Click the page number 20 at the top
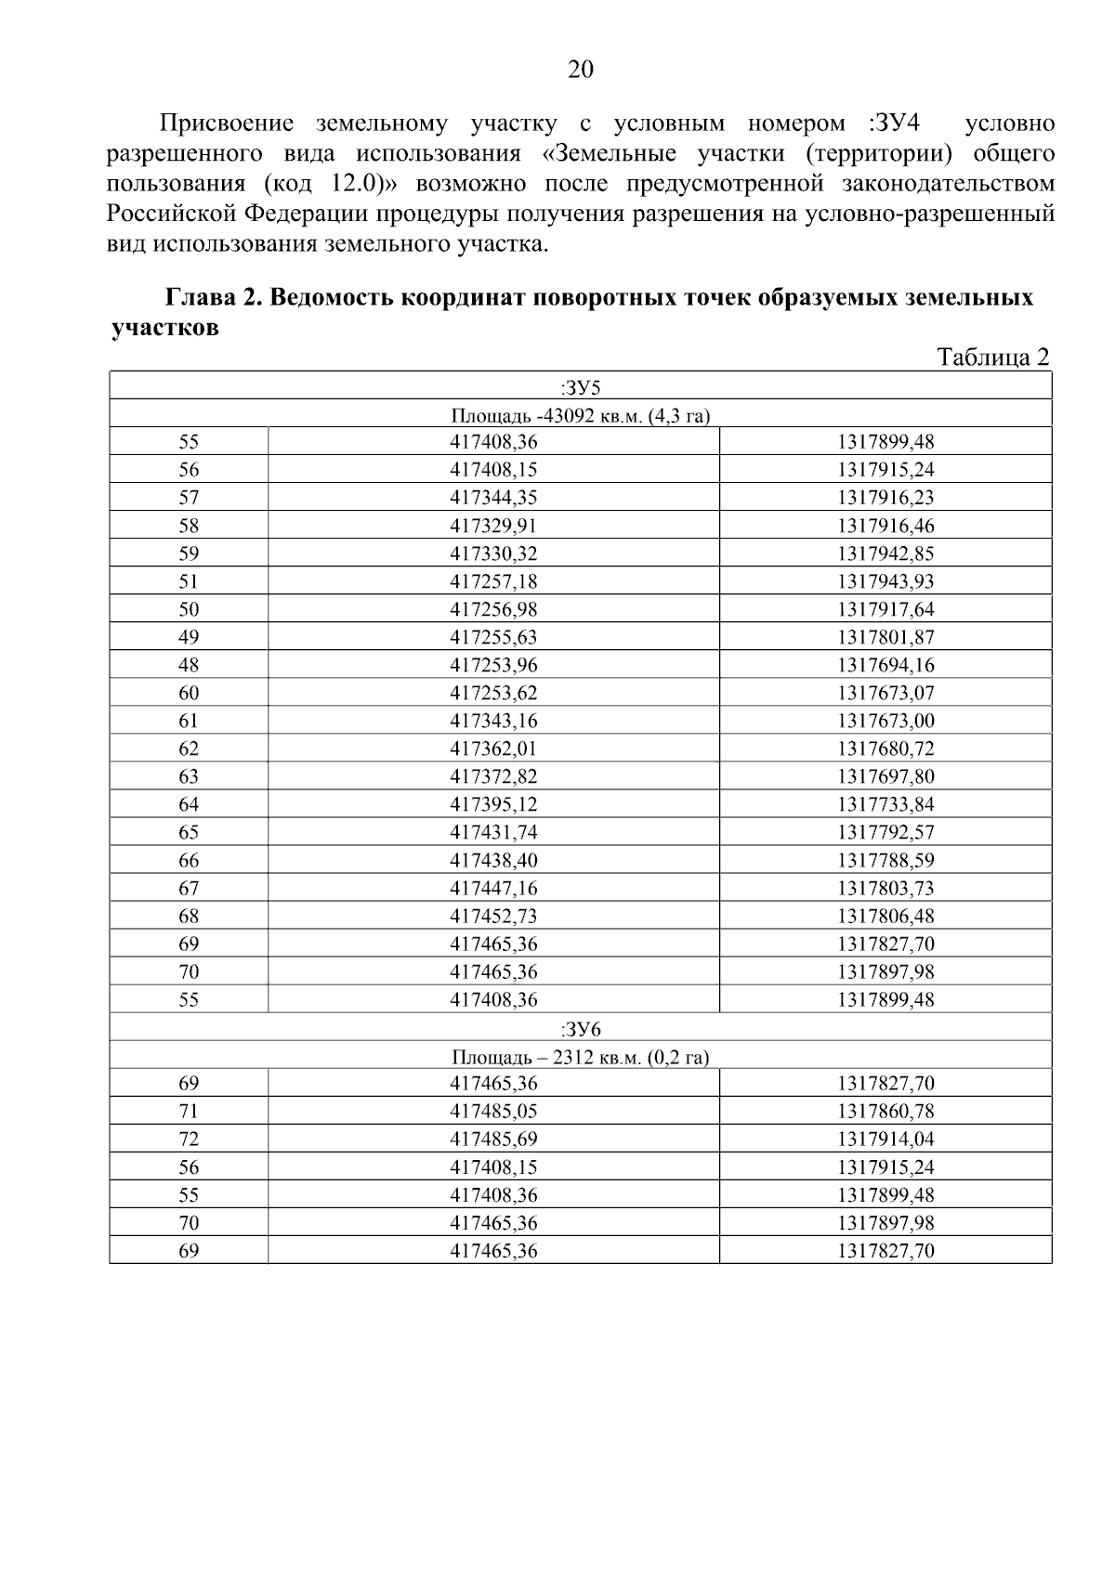click(x=580, y=70)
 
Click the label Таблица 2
click(x=992, y=358)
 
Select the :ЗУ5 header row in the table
click(x=581, y=386)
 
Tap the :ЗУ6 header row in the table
click(x=581, y=1028)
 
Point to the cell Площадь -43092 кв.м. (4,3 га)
click(x=581, y=415)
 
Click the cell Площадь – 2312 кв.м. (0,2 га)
click(x=581, y=1056)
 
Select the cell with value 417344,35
click(x=493, y=498)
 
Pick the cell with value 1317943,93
click(x=885, y=581)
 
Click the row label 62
click(x=189, y=749)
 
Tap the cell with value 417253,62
click(x=493, y=693)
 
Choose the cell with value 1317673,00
click(x=885, y=721)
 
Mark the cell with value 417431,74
click(x=493, y=832)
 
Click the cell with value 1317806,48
click(x=885, y=916)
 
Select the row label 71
click(x=189, y=1112)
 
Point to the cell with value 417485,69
click(x=493, y=1140)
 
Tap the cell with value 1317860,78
click(x=885, y=1112)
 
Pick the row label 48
click(x=189, y=665)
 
